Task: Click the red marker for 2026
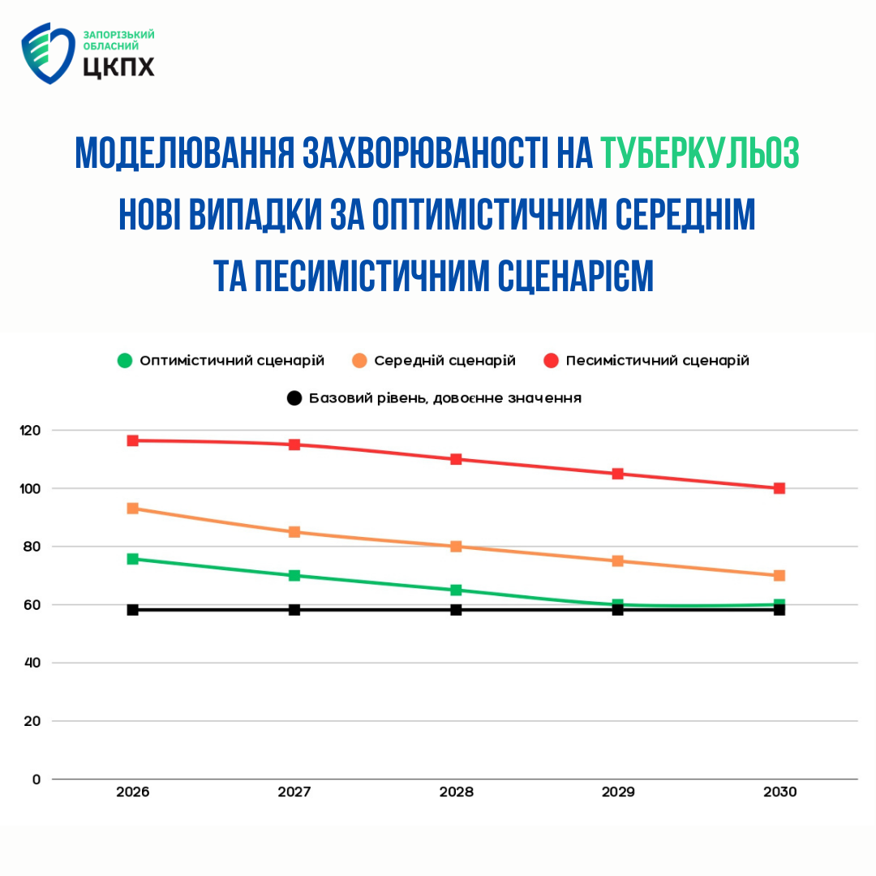click(133, 440)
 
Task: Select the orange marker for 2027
click(294, 532)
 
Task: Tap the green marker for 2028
click(456, 590)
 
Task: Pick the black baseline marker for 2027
click(294, 610)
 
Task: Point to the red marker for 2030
click(779, 488)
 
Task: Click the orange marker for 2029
click(618, 560)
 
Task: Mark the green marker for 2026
click(133, 559)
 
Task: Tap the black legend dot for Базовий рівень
click(294, 398)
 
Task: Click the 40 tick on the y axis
click(32, 663)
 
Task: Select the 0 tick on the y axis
click(36, 779)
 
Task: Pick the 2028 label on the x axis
click(456, 792)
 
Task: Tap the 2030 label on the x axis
click(779, 792)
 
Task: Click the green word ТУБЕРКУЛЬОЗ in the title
click(700, 153)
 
